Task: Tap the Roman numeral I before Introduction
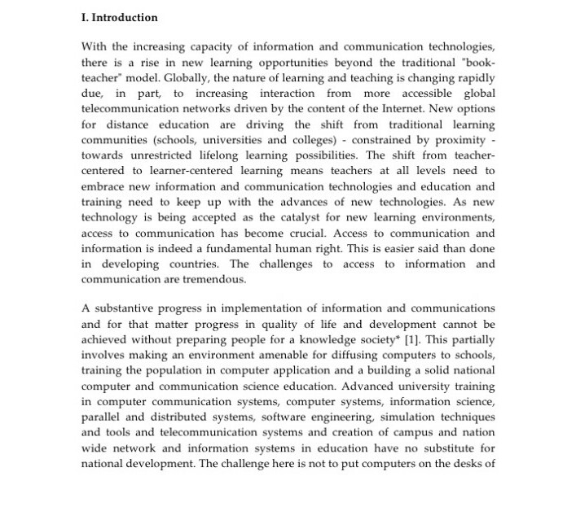tap(85, 17)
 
